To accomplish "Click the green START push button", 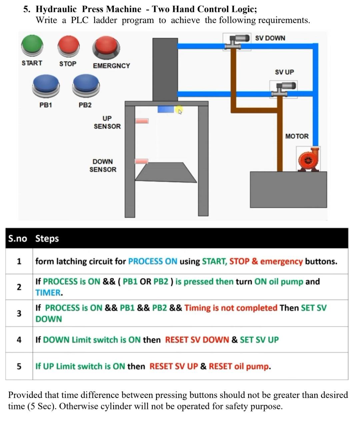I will pos(32,45).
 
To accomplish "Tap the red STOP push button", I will pos(69,46).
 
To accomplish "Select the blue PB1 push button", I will pos(46,85).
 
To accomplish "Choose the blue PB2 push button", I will pos(86,85).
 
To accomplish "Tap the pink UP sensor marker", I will pos(142,121).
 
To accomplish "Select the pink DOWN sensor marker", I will pos(141,162).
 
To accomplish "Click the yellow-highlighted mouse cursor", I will pos(179,110).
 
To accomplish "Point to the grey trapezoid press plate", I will pos(166,173).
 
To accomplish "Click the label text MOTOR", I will pos(297,136).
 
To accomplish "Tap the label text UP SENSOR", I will pos(107,122).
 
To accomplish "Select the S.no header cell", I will pos(18,238).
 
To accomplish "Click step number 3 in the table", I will pos(19,313).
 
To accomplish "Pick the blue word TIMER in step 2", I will pos(48,293).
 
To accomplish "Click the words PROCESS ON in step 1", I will pos(153,261).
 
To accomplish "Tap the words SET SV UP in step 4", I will pos(259,340).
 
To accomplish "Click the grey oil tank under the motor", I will pos(288,190).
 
